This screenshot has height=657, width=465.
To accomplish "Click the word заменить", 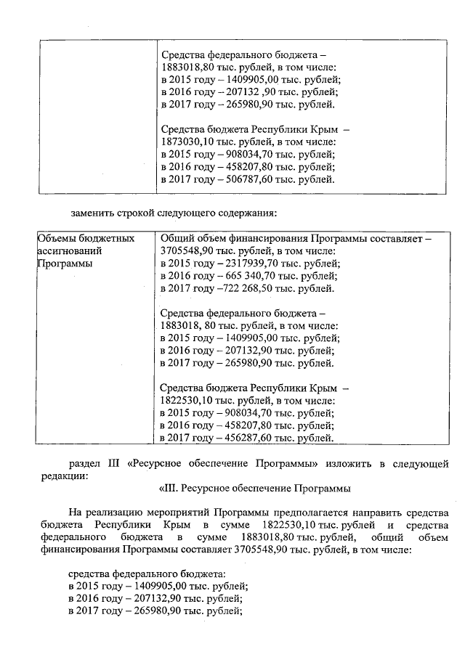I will (x=92, y=213).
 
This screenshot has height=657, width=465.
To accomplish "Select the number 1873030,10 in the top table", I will (x=188, y=142).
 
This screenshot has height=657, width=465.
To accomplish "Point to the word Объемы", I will (x=57, y=237).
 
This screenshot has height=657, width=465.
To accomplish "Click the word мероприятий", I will (x=177, y=513).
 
